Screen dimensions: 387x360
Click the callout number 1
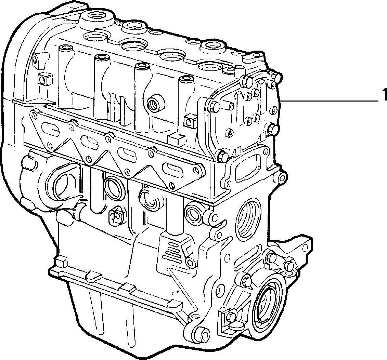coord(384,95)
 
